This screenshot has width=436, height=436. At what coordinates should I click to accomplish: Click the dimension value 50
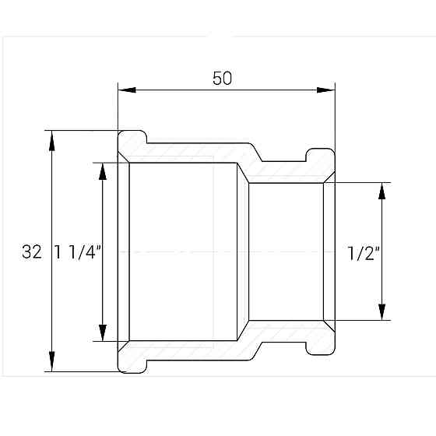222,78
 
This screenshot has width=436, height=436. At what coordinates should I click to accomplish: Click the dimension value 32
32,252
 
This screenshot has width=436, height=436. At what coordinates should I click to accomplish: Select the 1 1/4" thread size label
78,252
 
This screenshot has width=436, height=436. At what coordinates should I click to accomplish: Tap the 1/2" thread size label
364,253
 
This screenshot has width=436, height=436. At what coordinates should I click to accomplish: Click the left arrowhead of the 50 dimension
127,90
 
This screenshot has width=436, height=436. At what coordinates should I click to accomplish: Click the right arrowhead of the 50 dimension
326,90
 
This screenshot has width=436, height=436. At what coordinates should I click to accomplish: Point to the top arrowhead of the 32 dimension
51,140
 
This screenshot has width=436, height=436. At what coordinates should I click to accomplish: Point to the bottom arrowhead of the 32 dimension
51,361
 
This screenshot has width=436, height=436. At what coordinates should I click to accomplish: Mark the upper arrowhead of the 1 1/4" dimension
103,171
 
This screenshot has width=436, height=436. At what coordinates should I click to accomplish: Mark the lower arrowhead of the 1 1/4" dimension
103,332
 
